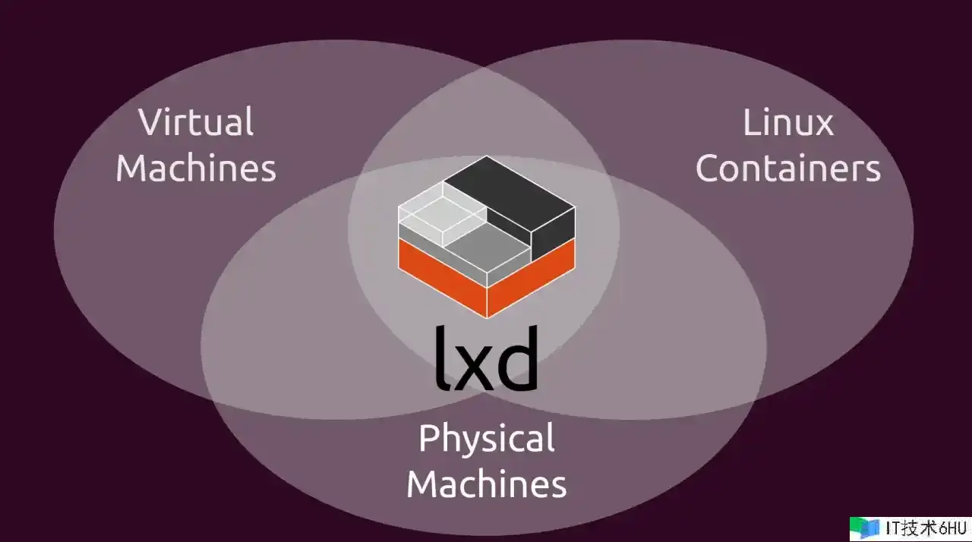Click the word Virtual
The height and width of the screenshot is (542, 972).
pyautogui.click(x=196, y=123)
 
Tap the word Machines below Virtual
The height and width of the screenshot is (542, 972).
pyautogui.click(x=196, y=168)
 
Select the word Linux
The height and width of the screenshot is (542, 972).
pyautogui.click(x=788, y=123)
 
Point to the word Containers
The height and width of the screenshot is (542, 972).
pyautogui.click(x=788, y=169)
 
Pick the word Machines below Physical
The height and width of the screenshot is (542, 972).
pyautogui.click(x=487, y=484)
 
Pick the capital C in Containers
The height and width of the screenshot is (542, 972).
pyautogui.click(x=708, y=169)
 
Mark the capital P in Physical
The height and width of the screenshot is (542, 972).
pyautogui.click(x=430, y=439)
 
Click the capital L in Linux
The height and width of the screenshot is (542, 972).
pyautogui.click(x=750, y=123)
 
